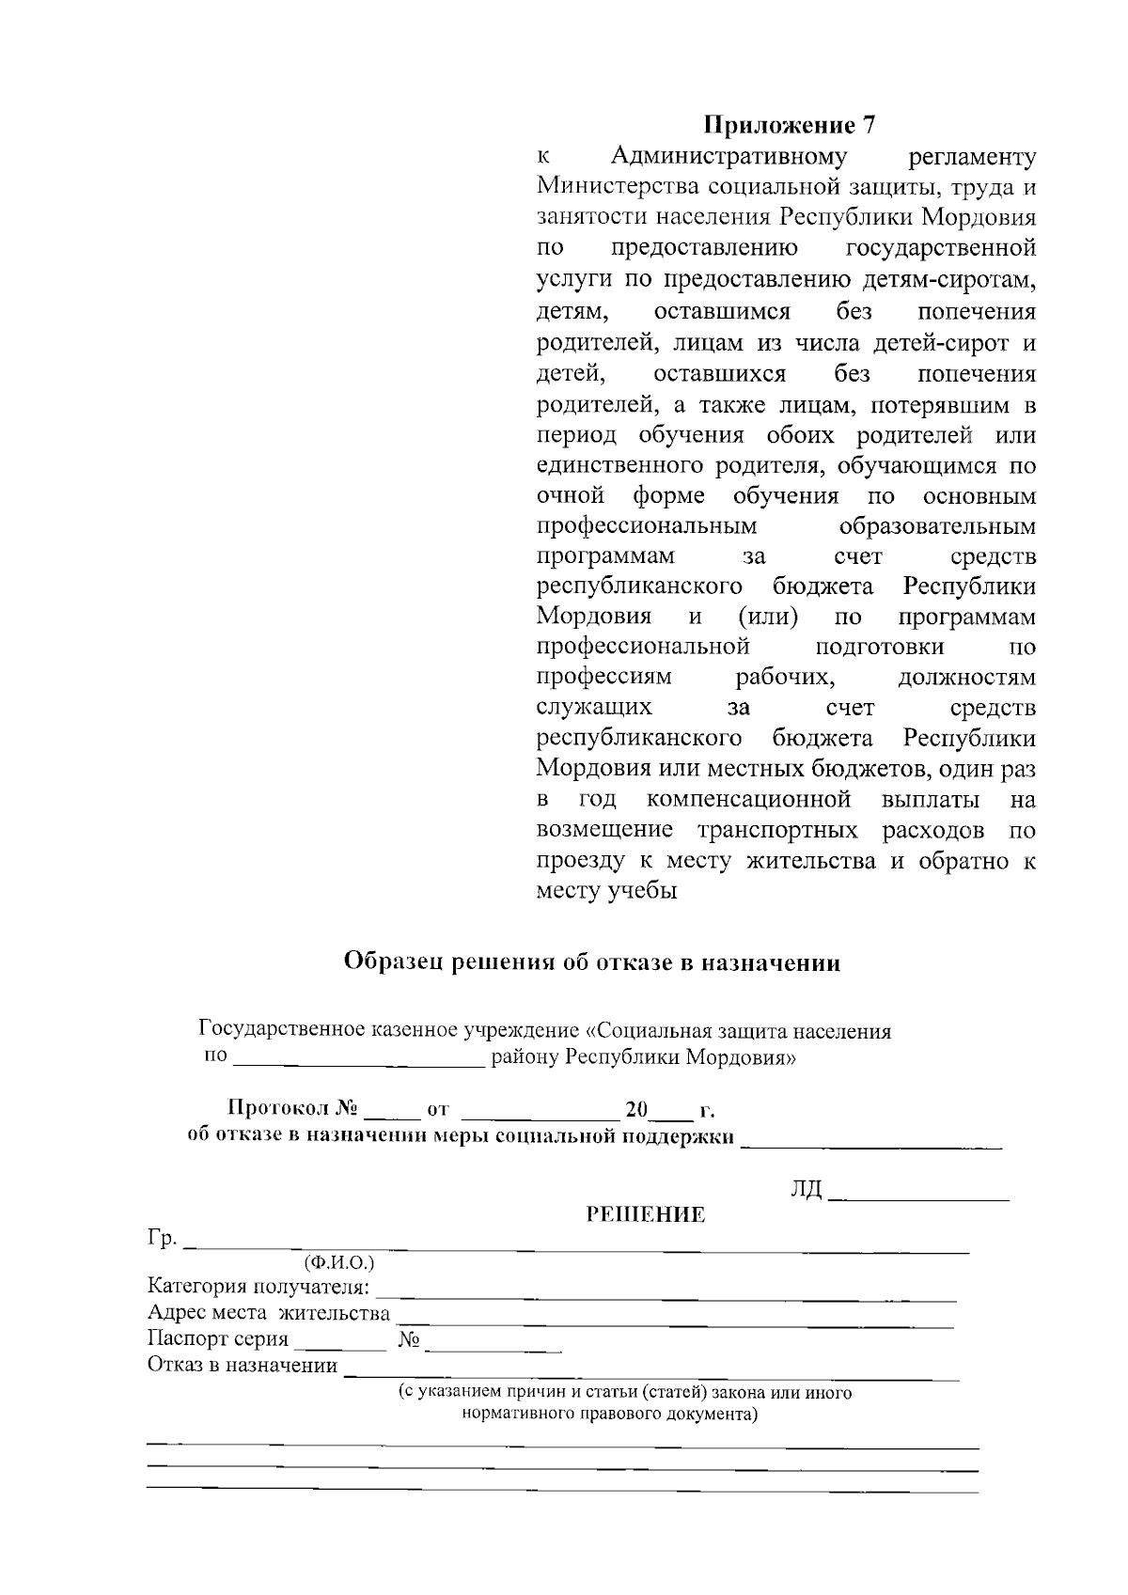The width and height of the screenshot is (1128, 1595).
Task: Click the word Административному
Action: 728,156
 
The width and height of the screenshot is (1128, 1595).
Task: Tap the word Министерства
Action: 616,187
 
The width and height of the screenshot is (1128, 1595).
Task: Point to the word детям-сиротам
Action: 948,280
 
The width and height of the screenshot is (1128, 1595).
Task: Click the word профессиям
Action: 604,677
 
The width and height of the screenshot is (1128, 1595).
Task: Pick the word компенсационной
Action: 748,800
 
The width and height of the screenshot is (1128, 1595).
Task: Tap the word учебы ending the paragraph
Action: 645,892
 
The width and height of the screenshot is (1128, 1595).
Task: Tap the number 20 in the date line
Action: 636,1110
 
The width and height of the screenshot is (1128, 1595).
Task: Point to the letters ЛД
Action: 806,1192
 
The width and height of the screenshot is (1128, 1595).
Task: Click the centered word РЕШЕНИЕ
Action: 645,1214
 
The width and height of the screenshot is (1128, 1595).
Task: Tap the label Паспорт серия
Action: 218,1339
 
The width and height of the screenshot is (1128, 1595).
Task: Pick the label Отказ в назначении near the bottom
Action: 243,1366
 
